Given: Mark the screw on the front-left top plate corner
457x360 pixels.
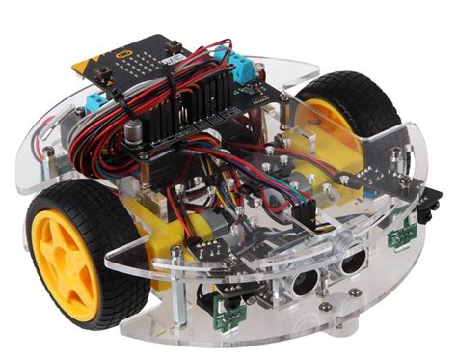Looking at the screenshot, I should [x=176, y=253].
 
